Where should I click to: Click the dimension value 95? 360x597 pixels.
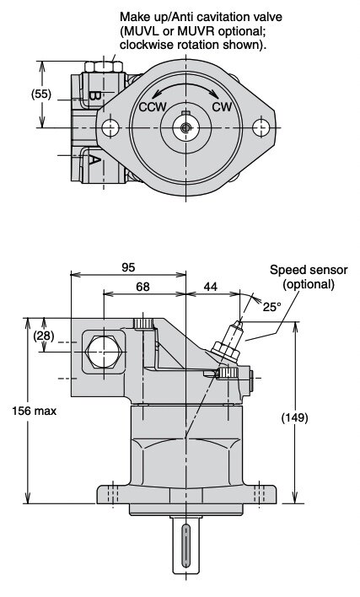(x=128, y=267)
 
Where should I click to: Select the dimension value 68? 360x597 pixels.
(x=142, y=287)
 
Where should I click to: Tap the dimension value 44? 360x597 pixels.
(x=211, y=287)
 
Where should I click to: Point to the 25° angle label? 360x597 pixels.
(x=272, y=307)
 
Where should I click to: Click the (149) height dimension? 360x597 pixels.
(x=294, y=417)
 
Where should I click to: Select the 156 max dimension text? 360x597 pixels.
(x=35, y=411)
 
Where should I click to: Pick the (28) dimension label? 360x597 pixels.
(x=44, y=336)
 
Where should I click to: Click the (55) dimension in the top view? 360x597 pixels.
(x=41, y=94)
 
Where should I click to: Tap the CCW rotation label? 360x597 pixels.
(x=153, y=107)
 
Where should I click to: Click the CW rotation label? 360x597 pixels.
(x=222, y=106)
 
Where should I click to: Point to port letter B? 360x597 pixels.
(x=94, y=95)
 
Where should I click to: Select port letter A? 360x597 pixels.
(x=94, y=159)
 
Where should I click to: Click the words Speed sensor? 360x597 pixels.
(x=309, y=270)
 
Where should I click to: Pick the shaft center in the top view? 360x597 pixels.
(x=185, y=127)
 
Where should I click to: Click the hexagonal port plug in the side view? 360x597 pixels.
(x=104, y=352)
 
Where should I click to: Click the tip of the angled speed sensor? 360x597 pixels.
(x=239, y=323)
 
